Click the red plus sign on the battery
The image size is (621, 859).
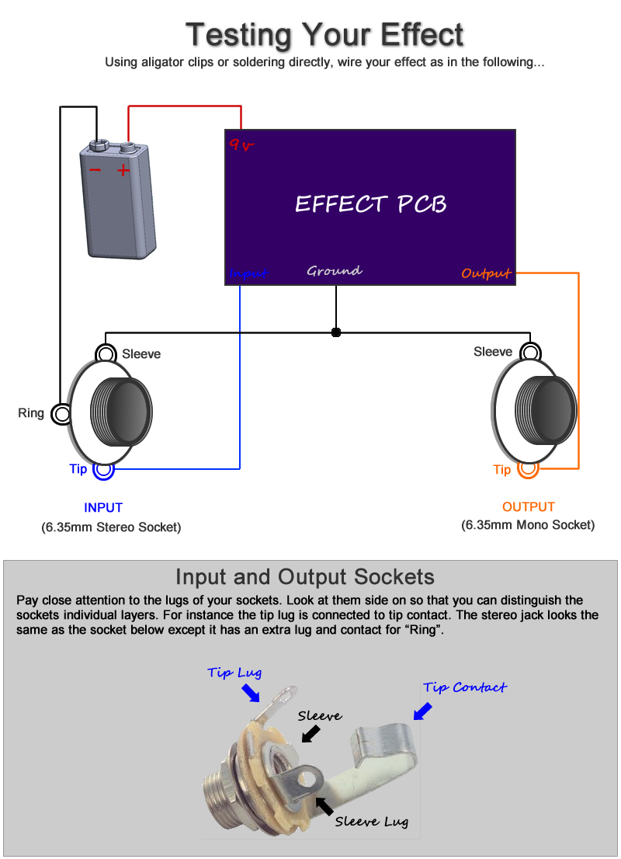click(123, 170)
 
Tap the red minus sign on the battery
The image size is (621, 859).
click(95, 170)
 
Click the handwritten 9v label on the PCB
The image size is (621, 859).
click(241, 144)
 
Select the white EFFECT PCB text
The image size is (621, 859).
click(370, 203)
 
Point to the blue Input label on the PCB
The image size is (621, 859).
click(248, 273)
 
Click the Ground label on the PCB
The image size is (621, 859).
click(335, 271)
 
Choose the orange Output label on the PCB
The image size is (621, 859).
click(486, 273)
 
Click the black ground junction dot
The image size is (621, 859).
click(336, 332)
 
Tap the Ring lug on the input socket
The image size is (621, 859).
click(61, 414)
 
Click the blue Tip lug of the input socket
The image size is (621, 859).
click(103, 469)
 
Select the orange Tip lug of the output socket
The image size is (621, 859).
click(528, 469)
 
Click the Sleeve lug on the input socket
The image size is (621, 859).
click(106, 355)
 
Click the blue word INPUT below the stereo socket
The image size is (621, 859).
click(103, 508)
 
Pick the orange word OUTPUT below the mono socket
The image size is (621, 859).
click(529, 507)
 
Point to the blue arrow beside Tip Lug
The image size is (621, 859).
click(250, 691)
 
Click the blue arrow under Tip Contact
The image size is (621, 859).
click(423, 711)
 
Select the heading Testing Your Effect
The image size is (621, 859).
click(324, 35)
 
